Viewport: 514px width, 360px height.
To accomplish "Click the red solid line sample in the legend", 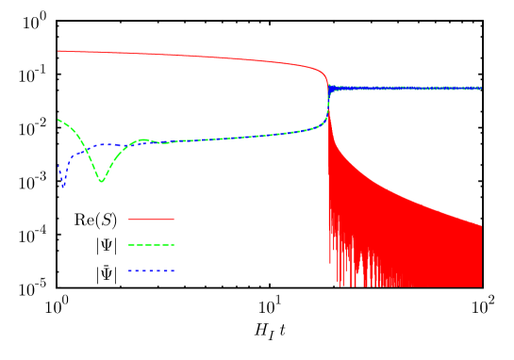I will click(x=151, y=219).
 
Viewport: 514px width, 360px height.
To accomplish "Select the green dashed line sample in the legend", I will click(x=151, y=245).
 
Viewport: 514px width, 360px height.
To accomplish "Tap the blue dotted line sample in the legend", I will click(x=151, y=271).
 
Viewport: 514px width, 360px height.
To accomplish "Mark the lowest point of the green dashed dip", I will click(x=101, y=181).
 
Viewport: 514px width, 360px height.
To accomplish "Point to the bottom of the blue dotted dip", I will click(x=63, y=186).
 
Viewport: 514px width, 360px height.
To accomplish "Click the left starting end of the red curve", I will click(x=58, y=51).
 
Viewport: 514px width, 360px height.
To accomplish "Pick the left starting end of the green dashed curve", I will click(x=58, y=120).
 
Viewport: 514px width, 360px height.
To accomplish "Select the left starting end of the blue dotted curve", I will click(x=58, y=167).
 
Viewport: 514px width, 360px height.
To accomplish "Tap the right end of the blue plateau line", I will click(x=481, y=88).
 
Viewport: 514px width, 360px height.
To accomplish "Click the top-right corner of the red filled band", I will click(x=481, y=225).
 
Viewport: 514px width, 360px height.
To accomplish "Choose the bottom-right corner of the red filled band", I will click(x=481, y=285).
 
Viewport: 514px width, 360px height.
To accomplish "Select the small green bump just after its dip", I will click(x=143, y=139).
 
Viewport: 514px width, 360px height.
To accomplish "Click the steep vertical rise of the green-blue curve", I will click(x=327, y=108).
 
